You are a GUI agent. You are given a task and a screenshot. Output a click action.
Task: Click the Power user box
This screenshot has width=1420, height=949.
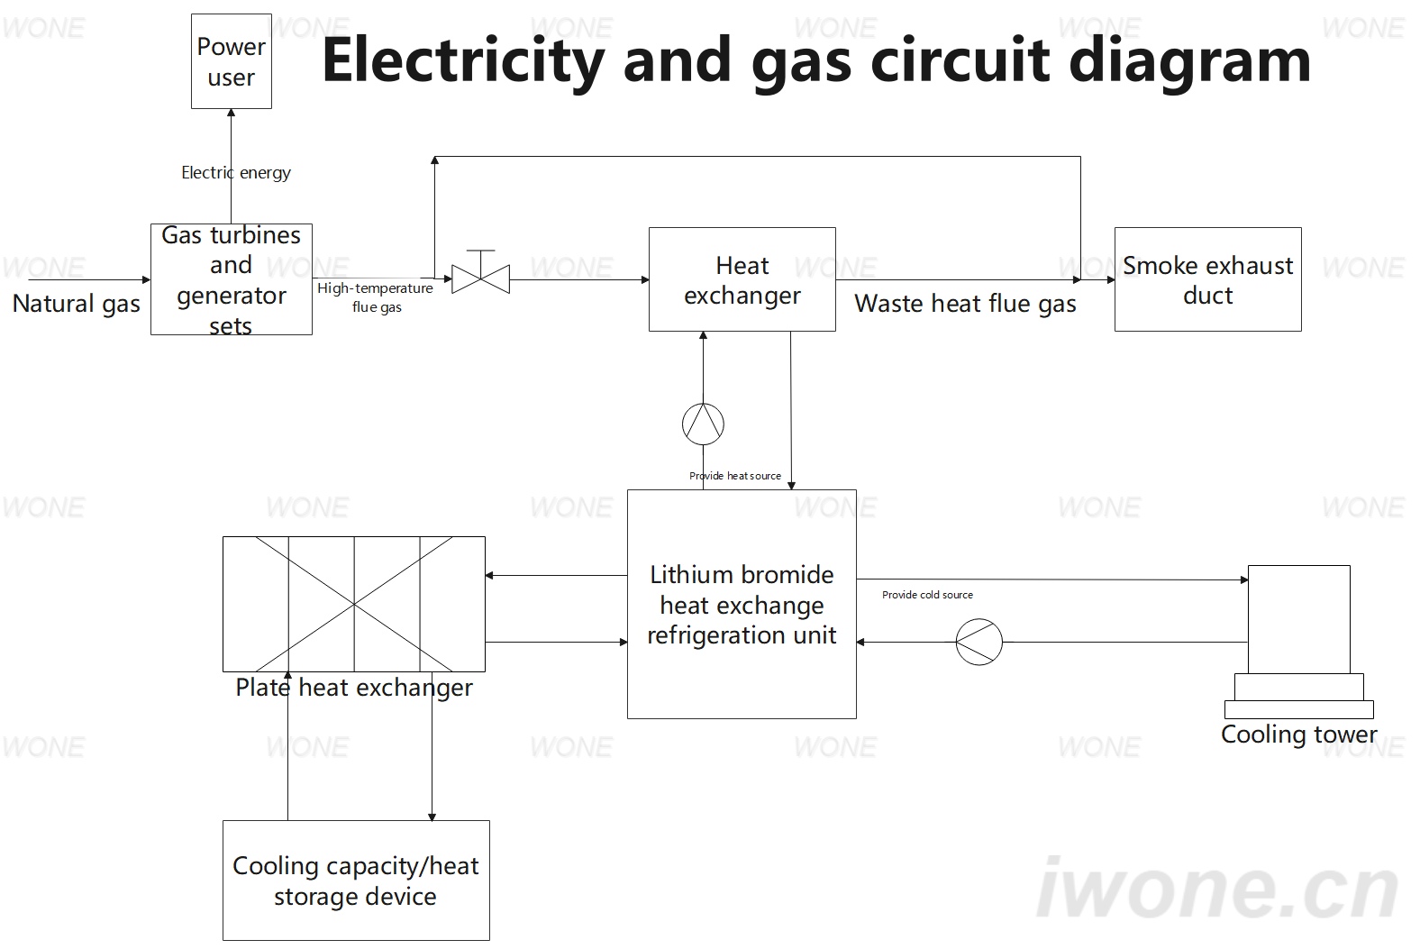point(232,61)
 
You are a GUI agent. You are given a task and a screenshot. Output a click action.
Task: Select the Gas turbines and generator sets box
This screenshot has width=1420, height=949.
point(232,278)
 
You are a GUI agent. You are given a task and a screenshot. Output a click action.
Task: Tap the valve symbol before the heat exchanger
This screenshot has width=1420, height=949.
point(480,272)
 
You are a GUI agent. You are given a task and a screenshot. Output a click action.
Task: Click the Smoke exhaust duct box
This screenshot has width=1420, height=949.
point(1208,279)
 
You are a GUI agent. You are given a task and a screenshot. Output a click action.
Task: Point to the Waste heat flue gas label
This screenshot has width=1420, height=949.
point(965,304)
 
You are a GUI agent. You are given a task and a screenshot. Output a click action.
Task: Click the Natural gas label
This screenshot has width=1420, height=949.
point(76,304)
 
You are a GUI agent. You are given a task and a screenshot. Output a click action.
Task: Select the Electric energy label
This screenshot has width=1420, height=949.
point(236,172)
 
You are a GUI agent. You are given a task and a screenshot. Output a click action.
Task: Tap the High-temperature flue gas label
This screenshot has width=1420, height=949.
point(376,297)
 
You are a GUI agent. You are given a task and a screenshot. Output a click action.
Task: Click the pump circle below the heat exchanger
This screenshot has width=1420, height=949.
point(703,424)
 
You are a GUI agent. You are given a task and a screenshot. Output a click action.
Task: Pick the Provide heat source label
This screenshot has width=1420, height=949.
point(735,476)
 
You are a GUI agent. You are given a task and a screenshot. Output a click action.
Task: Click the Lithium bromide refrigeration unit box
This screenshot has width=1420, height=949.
point(742,604)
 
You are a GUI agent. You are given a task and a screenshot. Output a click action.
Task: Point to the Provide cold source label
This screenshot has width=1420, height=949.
point(927,595)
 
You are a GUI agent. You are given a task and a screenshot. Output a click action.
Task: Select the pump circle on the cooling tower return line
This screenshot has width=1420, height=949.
point(979,643)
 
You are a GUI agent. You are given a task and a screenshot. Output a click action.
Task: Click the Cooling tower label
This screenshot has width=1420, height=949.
point(1299,735)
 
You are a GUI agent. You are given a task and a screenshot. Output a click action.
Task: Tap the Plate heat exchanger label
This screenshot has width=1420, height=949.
point(354,688)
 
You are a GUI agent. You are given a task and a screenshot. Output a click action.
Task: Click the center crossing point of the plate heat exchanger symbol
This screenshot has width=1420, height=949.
point(354,604)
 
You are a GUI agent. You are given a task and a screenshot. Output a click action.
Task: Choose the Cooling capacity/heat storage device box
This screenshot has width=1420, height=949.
point(356,881)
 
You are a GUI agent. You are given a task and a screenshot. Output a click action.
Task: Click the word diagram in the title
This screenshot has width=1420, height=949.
point(1190,62)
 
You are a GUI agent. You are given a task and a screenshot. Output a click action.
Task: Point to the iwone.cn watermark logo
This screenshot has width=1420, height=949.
point(1217,889)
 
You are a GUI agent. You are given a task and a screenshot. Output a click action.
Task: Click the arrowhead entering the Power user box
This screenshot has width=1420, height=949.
point(232,114)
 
